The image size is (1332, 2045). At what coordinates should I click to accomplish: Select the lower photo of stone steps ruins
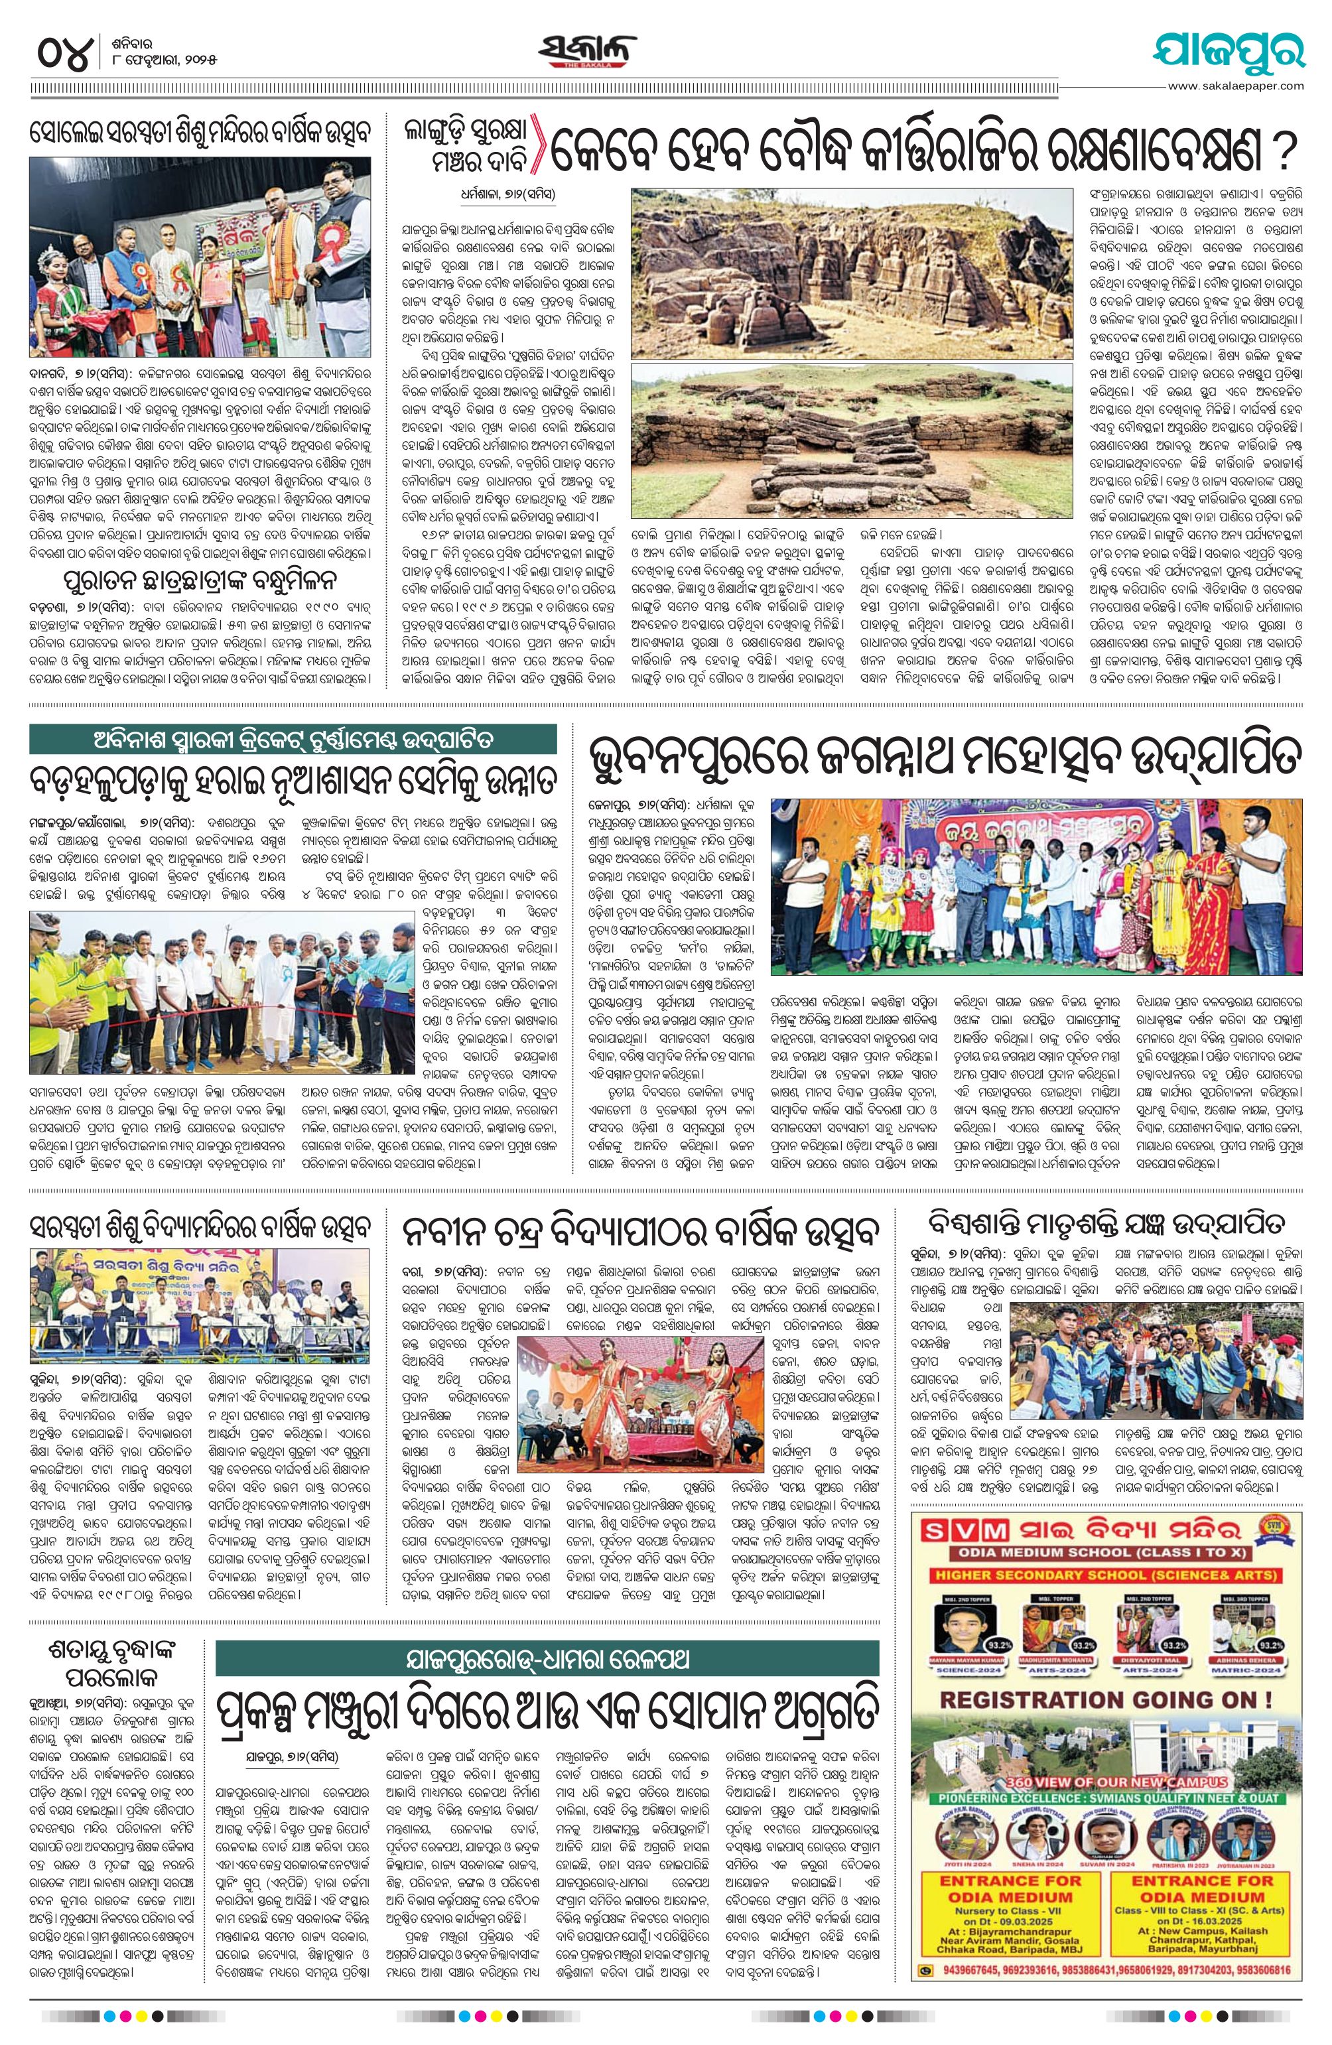tap(852, 441)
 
